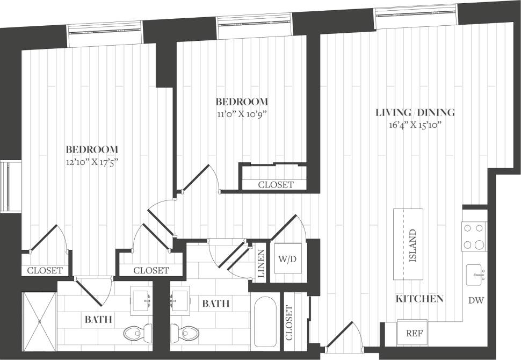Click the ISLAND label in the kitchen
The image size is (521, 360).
pyautogui.click(x=413, y=245)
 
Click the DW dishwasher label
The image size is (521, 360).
pyautogui.click(x=476, y=300)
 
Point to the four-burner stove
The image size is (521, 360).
pyautogui.click(x=474, y=236)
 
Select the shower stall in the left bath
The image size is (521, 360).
pyautogui.click(x=38, y=321)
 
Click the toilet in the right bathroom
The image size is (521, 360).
pyautogui.click(x=184, y=333)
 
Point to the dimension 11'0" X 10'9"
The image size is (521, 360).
pyautogui.click(x=242, y=114)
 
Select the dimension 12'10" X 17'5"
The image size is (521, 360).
pyautogui.click(x=92, y=161)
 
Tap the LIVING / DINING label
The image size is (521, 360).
pyautogui.click(x=415, y=112)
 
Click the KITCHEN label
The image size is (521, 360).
pyautogui.click(x=419, y=299)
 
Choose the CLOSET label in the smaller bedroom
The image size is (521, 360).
pyautogui.click(x=276, y=184)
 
